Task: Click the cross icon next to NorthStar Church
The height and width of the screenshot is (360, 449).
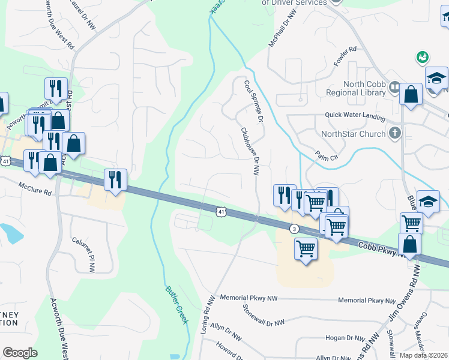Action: (394, 133)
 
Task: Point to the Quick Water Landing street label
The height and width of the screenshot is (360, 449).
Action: (355, 115)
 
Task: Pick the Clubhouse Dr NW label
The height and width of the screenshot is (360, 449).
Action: (250, 151)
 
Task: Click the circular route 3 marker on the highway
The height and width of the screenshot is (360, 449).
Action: (294, 229)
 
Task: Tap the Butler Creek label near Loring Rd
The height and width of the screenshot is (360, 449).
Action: (177, 304)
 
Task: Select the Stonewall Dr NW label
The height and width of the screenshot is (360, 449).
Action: (263, 315)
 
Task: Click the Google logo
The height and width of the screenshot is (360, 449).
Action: (20, 352)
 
